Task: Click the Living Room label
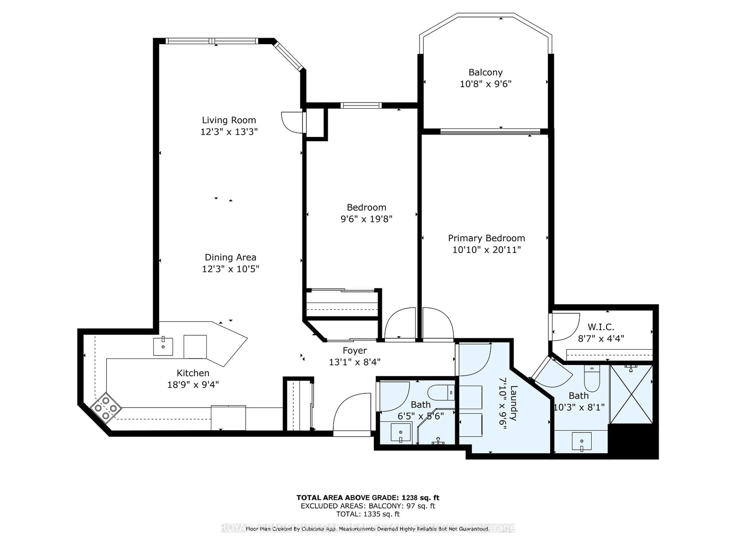229,120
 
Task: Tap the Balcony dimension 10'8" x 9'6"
485,84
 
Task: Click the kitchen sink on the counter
163,347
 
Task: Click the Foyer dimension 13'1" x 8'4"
355,362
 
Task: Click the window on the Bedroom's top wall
361,105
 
